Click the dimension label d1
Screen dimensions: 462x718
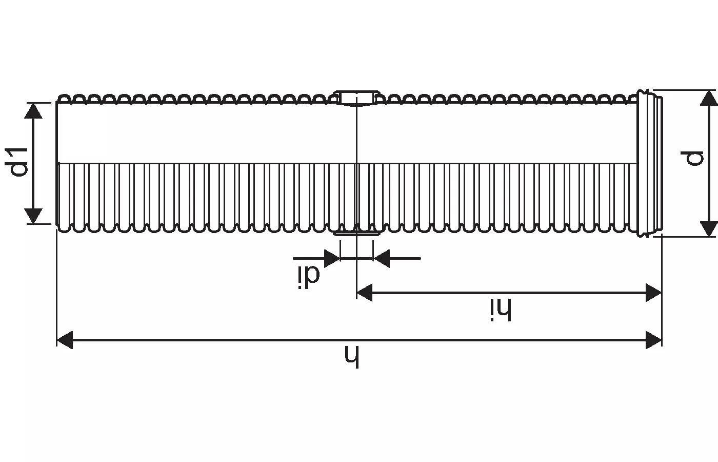pyautogui.click(x=19, y=162)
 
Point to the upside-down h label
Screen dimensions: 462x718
pyautogui.click(x=351, y=357)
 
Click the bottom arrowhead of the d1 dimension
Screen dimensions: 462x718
pyautogui.click(x=34, y=216)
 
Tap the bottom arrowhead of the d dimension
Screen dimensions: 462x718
pyautogui.click(x=708, y=228)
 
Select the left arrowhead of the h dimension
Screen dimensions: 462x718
pyautogui.click(x=64, y=340)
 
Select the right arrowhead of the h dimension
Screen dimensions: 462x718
pyautogui.click(x=654, y=340)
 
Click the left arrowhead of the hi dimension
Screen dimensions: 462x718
pyautogui.click(x=364, y=293)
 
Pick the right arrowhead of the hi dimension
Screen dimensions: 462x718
pyautogui.click(x=654, y=293)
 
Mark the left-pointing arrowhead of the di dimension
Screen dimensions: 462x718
pyautogui.click(x=381, y=258)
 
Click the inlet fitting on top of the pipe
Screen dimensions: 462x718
pyautogui.click(x=356, y=98)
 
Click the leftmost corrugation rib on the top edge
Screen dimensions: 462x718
pyautogui.click(x=64, y=98)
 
